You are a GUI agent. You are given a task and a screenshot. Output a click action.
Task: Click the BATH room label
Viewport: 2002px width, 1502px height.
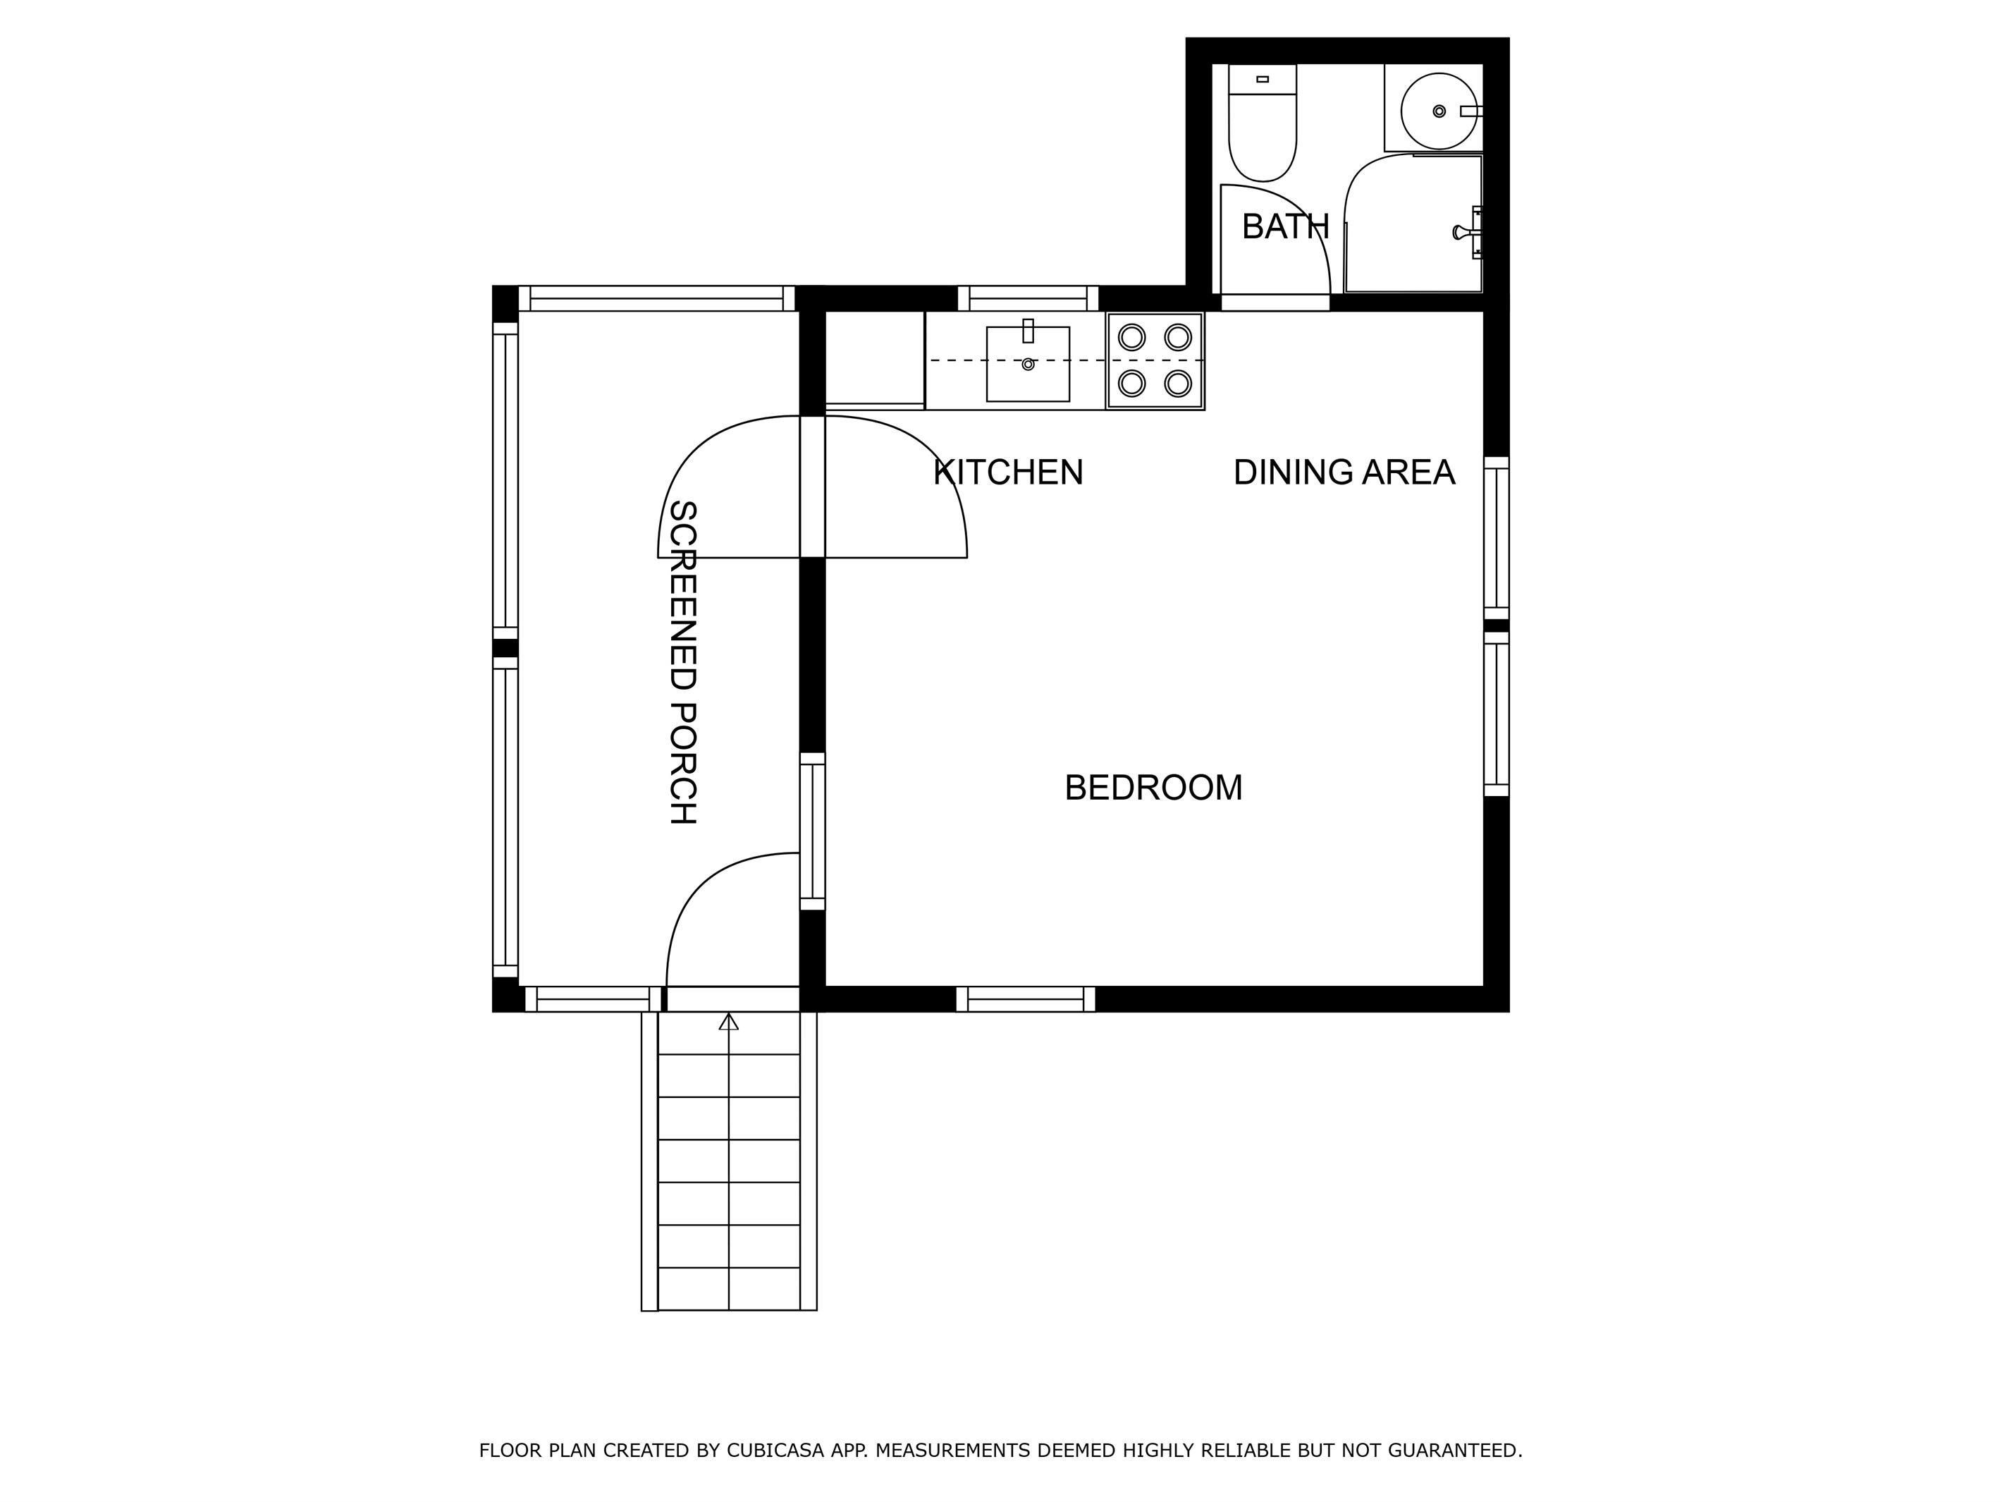(1285, 226)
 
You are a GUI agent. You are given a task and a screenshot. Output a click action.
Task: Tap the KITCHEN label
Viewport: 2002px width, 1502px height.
(1008, 472)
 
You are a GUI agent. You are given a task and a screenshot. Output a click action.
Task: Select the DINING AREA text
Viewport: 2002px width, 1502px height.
(1344, 472)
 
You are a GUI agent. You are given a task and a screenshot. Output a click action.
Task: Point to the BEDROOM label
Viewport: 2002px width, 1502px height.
(1153, 788)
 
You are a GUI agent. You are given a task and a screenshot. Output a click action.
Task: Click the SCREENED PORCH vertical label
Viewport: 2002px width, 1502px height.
(682, 662)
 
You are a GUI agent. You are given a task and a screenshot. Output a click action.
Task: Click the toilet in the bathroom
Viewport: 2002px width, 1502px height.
(1263, 122)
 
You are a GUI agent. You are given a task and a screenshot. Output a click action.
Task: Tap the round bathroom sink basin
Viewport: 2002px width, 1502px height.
(1439, 111)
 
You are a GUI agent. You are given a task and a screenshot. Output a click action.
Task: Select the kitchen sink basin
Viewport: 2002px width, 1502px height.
(1028, 364)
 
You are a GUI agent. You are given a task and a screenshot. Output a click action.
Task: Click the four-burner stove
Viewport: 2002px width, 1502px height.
(1155, 360)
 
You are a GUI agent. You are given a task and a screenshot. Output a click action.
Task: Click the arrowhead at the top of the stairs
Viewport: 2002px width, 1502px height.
(729, 1021)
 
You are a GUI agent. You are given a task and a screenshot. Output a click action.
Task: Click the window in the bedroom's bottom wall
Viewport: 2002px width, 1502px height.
(1026, 999)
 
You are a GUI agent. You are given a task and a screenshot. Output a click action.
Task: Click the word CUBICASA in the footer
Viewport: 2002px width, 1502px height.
(775, 1451)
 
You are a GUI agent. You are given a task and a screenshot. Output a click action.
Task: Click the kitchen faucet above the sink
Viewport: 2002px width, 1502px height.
(1028, 331)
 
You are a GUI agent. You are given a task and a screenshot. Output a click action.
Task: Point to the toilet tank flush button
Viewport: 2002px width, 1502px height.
(1263, 79)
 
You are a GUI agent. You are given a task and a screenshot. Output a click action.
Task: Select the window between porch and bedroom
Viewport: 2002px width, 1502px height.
(813, 831)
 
